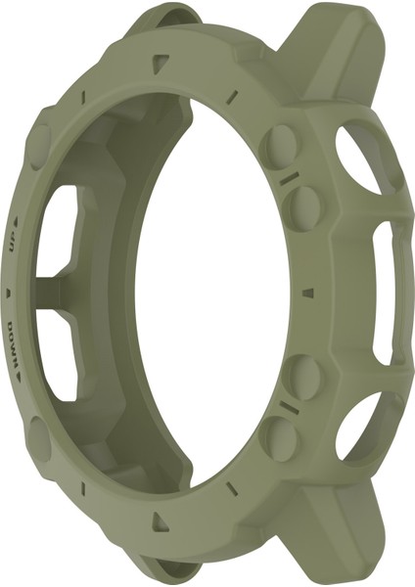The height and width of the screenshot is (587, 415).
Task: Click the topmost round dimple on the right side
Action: [281, 140]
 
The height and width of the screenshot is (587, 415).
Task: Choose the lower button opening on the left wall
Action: [61, 357]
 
